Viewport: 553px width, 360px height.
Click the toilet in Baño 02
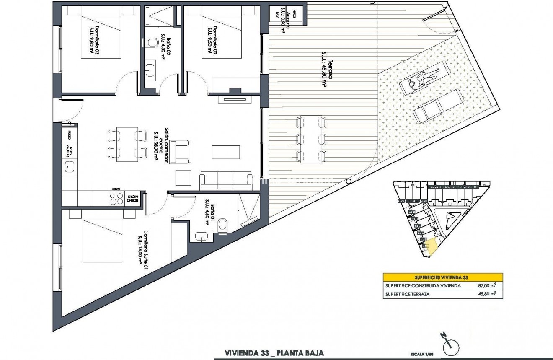pyautogui.click(x=152, y=42)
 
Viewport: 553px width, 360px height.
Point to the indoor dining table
pyautogui.click(x=127, y=144)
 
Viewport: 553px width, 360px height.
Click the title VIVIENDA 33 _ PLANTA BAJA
pyautogui.click(x=274, y=353)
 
